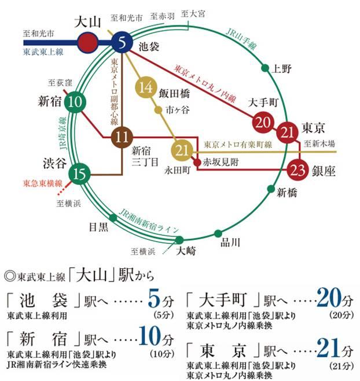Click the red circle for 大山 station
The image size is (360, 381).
point(87,42)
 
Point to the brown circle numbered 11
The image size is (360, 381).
point(122,138)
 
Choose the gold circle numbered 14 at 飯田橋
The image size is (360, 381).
point(146,88)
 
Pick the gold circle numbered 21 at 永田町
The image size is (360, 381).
point(183,151)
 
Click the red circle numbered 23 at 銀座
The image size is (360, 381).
point(298,170)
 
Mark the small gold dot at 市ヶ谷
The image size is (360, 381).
point(158,109)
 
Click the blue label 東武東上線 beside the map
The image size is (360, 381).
point(43,51)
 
